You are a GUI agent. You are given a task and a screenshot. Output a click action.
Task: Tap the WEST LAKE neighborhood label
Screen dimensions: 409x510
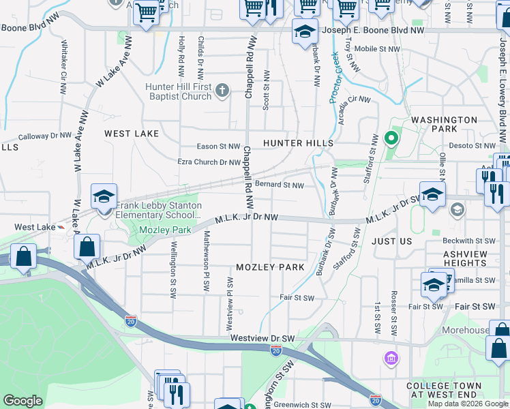point(132,134)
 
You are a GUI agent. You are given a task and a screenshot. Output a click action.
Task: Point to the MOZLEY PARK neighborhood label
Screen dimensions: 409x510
point(270,267)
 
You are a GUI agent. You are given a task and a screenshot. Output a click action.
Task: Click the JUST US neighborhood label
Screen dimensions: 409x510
point(392,241)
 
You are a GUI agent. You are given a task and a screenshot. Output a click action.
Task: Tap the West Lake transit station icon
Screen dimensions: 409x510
point(61,228)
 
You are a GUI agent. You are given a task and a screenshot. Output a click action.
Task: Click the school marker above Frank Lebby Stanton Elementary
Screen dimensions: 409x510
point(103,197)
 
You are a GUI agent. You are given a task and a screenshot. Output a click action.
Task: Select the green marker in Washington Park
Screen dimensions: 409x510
point(391,139)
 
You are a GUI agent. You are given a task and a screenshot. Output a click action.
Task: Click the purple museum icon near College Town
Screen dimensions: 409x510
point(391,358)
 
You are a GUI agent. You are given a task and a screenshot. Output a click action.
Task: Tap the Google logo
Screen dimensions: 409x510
point(22,401)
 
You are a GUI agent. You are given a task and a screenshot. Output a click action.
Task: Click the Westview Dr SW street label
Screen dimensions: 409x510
point(262,338)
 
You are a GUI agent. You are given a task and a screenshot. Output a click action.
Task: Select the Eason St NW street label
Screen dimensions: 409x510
point(218,147)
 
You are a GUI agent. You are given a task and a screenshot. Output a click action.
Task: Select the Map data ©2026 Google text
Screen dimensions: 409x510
point(468,404)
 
